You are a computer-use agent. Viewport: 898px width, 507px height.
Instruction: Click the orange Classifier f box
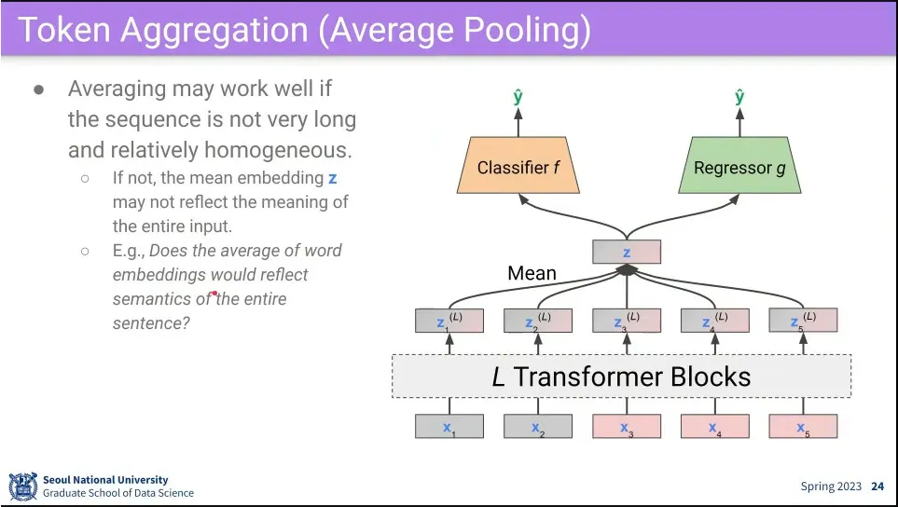[x=518, y=168]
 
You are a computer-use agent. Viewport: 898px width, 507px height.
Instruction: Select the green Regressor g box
[x=739, y=168]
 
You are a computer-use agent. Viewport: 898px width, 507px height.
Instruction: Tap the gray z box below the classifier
[x=627, y=252]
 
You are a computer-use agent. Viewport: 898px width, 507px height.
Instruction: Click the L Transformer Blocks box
[x=621, y=377]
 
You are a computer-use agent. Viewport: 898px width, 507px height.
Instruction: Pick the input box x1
[x=449, y=427]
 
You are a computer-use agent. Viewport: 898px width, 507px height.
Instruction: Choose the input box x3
[x=627, y=427]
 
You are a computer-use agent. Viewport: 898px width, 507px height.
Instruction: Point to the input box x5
[x=803, y=427]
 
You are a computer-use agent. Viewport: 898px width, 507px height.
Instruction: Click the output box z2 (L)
[x=537, y=321]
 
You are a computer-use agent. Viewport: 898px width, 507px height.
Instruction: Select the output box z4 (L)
[x=714, y=321]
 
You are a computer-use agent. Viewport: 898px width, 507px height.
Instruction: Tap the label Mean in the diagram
[x=532, y=274]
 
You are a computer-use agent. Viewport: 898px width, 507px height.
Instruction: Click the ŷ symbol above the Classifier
[x=518, y=96]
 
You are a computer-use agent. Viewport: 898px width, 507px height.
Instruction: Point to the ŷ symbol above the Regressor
[x=739, y=96]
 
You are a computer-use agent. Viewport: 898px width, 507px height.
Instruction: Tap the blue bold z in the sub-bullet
[x=333, y=177]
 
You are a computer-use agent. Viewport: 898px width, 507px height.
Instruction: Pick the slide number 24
[x=877, y=486]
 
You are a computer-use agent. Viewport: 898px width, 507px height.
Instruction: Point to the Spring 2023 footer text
[x=831, y=486]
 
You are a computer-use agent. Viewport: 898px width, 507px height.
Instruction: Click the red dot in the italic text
[x=215, y=294]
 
